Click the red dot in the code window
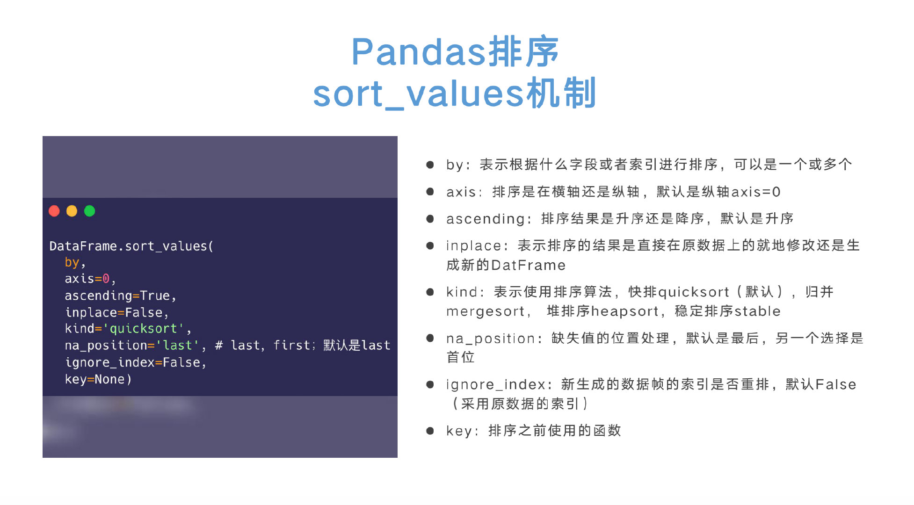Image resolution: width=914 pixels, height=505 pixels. pyautogui.click(x=54, y=211)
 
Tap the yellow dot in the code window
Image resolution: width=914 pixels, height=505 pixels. pyautogui.click(x=72, y=211)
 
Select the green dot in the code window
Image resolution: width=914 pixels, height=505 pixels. pyautogui.click(x=89, y=211)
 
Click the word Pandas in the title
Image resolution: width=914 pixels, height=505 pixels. pyautogui.click(x=418, y=52)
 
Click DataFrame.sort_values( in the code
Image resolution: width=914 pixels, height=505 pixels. pyautogui.click(x=131, y=246)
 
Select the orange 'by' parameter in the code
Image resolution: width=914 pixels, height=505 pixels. pyautogui.click(x=72, y=262)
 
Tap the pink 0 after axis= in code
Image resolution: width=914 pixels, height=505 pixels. pyautogui.click(x=106, y=279)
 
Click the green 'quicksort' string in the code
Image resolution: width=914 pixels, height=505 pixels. pyautogui.click(x=143, y=329)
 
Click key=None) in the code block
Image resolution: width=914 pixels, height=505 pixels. pyautogui.click(x=98, y=379)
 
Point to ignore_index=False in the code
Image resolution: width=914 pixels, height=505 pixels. pyautogui.click(x=135, y=362)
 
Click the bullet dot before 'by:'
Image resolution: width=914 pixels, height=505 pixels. pyautogui.click(x=430, y=165)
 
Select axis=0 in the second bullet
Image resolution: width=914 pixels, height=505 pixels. pyautogui.click(x=755, y=192)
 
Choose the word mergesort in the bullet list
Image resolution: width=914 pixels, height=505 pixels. pyautogui.click(x=485, y=311)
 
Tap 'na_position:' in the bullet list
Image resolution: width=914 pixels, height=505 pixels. pyautogui.click(x=494, y=339)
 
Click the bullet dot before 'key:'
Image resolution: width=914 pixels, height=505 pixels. pyautogui.click(x=430, y=431)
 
